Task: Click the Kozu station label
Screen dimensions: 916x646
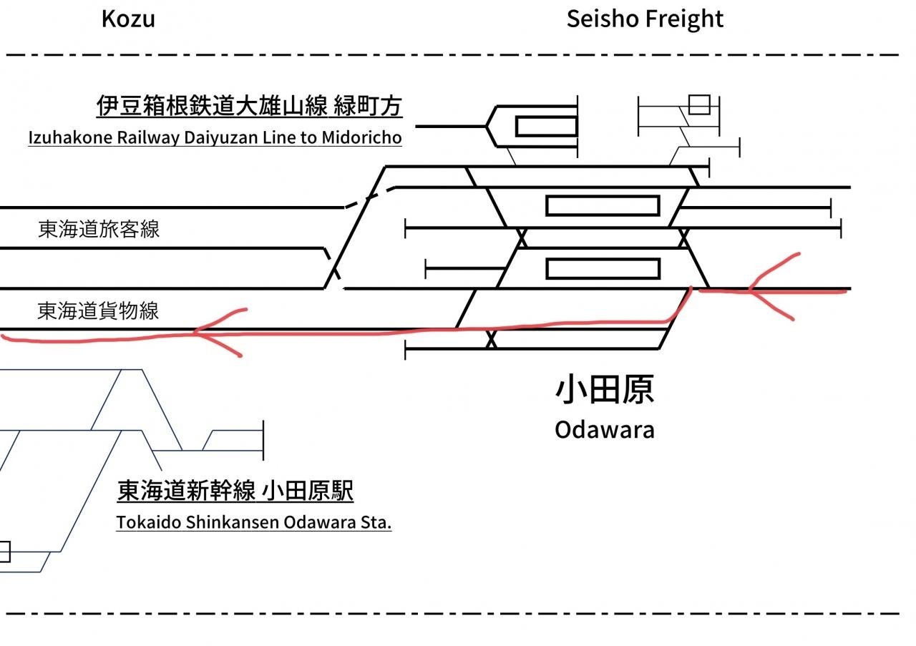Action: [x=128, y=19]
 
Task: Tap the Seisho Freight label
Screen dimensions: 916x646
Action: [x=645, y=19]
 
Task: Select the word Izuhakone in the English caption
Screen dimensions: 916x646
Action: [x=70, y=137]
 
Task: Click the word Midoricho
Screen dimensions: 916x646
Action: [x=361, y=137]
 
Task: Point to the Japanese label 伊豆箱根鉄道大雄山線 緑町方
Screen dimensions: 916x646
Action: [x=250, y=105]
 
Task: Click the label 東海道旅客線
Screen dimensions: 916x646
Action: [x=99, y=229]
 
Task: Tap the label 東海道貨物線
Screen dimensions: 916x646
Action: [x=98, y=310]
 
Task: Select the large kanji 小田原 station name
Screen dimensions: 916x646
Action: [x=605, y=389]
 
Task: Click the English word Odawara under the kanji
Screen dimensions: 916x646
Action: [x=605, y=430]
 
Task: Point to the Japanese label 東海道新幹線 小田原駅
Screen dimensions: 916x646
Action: [x=235, y=491]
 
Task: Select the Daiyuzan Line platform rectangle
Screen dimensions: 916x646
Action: [x=546, y=127]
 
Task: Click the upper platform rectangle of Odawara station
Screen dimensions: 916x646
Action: [x=603, y=205]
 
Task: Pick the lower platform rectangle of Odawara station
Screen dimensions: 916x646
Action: [x=603, y=268]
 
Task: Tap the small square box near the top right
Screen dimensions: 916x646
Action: [x=699, y=104]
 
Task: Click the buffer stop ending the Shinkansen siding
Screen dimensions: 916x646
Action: [x=263, y=440]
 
